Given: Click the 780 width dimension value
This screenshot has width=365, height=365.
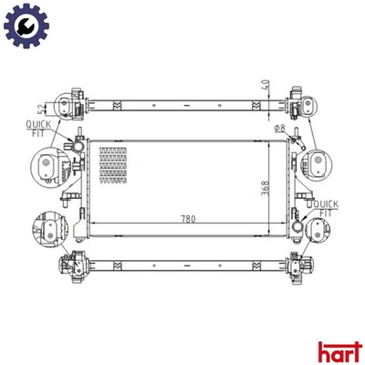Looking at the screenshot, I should [x=189, y=220].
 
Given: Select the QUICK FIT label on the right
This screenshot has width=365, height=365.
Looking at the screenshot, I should [x=324, y=208].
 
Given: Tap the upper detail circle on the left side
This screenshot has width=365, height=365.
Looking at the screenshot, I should [x=47, y=167].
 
